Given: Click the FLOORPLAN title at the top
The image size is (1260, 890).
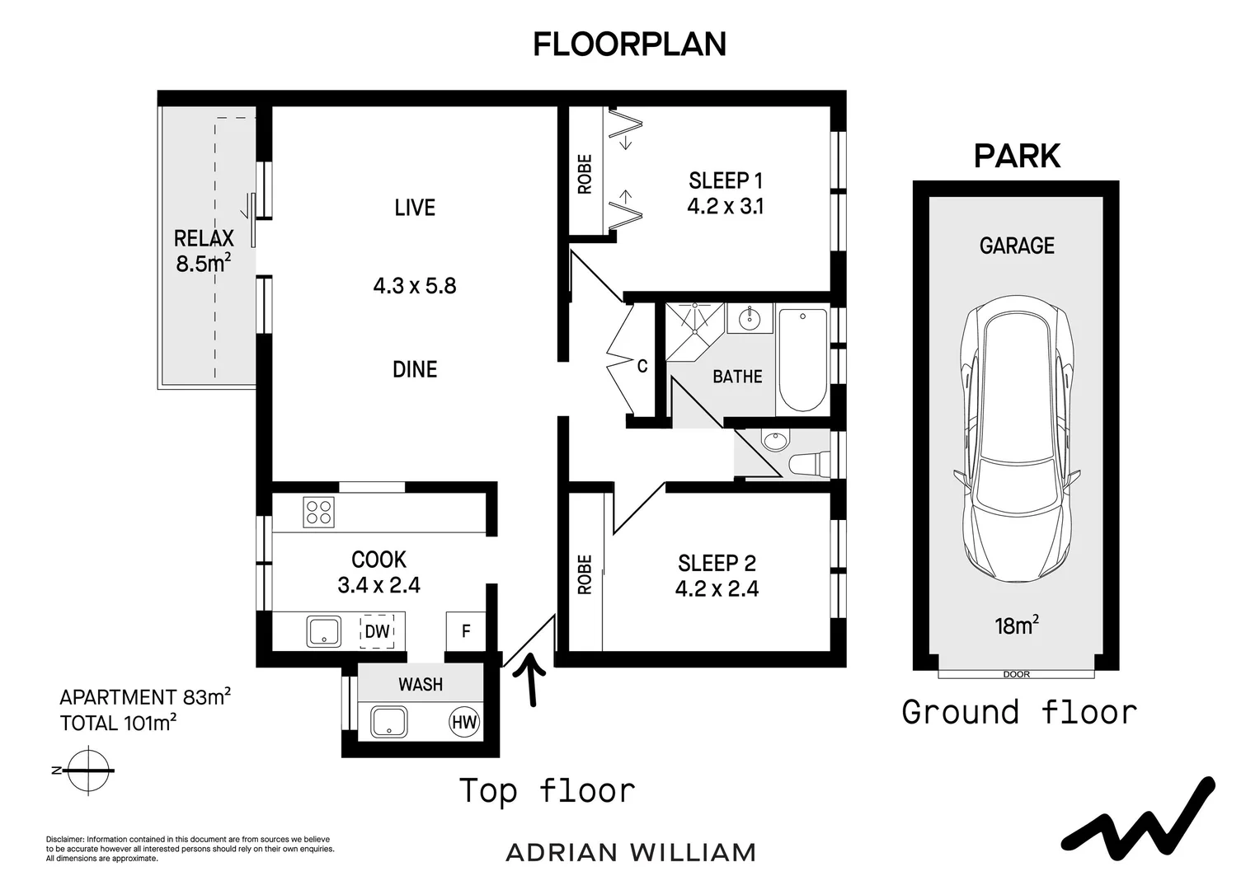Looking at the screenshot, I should tap(629, 44).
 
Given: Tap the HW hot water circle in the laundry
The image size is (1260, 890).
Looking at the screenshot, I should tap(464, 723).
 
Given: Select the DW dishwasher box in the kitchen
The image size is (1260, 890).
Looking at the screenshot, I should tap(377, 631).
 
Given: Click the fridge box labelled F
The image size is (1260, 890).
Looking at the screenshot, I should tap(466, 631).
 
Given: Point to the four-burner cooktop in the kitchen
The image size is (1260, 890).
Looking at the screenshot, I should tap(318, 513).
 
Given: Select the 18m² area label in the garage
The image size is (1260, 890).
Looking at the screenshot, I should tap(1016, 625).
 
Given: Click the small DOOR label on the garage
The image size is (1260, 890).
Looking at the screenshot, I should tap(1016, 674).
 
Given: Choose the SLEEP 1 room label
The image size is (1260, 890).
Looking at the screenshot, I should tap(726, 180).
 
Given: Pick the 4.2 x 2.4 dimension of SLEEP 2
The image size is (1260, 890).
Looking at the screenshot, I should tap(717, 588).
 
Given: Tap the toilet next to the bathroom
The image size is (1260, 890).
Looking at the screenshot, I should tap(808, 464).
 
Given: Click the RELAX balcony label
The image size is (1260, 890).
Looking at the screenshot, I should tap(204, 239).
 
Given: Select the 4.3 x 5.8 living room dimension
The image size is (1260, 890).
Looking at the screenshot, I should tap(415, 286).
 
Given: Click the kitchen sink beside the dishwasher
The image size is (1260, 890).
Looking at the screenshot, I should tap(324, 632).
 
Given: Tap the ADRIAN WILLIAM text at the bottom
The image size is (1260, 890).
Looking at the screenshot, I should tap(631, 852).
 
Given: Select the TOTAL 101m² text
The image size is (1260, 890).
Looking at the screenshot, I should tap(119, 724).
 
